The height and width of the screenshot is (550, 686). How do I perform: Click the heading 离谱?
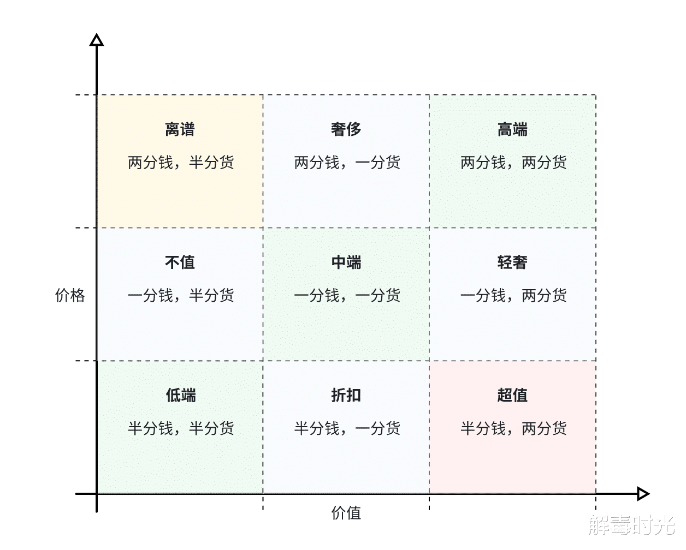pos(180,130)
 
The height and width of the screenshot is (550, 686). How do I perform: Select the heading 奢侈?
pos(346,130)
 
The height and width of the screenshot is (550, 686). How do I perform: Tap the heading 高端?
pos(512,130)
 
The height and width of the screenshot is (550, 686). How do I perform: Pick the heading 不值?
pos(180,262)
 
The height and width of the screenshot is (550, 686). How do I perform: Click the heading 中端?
pos(346,262)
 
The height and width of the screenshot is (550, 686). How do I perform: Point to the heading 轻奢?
pos(512,262)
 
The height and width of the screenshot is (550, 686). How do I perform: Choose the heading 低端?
pos(181,396)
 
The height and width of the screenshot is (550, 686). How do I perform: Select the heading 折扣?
pos(346,396)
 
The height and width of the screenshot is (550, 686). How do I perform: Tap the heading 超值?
pos(512,396)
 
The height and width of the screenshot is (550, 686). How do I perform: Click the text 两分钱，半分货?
pos(181,163)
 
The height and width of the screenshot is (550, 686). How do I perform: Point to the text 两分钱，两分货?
pos(513,163)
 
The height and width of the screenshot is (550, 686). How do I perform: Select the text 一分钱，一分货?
pos(347,296)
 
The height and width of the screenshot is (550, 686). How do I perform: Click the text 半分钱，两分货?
pos(513,429)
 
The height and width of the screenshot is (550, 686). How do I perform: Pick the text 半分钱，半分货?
pos(181,429)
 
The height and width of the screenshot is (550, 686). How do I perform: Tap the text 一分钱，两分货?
pos(513,296)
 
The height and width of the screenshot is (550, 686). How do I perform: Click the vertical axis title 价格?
pos(70,295)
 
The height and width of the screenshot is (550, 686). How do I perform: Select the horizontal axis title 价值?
pos(346,513)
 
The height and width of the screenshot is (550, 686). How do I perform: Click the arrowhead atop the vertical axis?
pos(97,40)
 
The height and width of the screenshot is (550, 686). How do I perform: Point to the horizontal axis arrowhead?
pos(643,494)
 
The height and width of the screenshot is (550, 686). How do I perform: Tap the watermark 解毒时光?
pos(631,525)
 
